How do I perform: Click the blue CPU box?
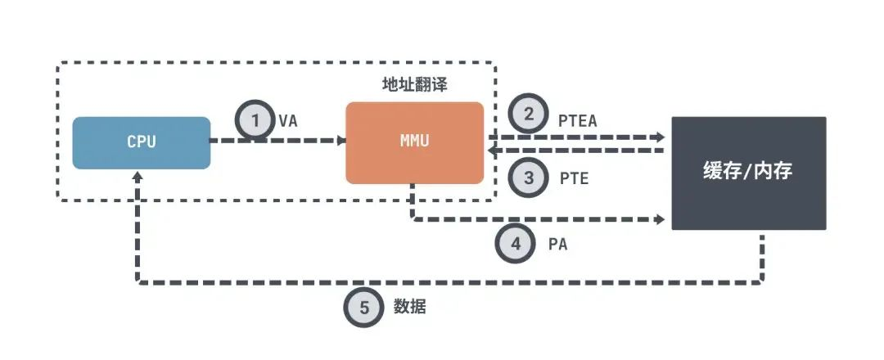pos(142,142)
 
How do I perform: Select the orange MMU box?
pos(414,142)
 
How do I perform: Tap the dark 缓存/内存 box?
pos(749,173)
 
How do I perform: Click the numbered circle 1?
pos(256,120)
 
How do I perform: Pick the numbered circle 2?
pos(528,115)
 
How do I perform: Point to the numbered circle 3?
pos(528,178)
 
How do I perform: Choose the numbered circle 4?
pos(516,244)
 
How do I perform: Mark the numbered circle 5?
pos(364,308)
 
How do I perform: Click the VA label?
pos(287,120)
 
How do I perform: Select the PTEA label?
pos(577,121)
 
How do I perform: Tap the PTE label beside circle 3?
pos(574,178)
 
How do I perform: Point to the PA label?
pos(557,245)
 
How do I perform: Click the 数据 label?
pos(409,307)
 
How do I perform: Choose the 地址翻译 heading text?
pos(414,85)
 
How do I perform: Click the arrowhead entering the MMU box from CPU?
pos(341,140)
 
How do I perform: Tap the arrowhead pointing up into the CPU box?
pos(138,175)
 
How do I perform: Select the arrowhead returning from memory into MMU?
pos(493,151)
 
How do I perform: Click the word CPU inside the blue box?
pos(142,142)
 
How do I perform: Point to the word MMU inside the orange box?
pos(414,141)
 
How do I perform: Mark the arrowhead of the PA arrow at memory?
pos(661,220)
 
